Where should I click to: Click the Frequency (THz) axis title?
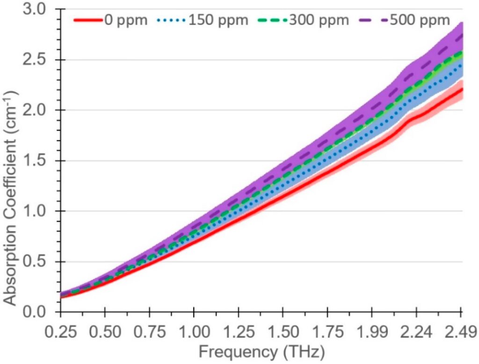[261, 351]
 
